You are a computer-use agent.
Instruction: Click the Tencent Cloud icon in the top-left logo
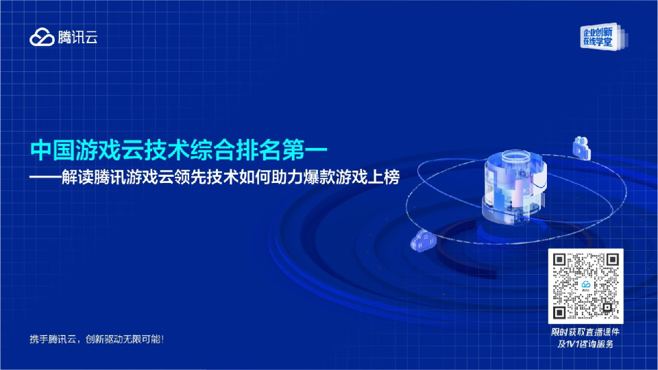tap(42, 38)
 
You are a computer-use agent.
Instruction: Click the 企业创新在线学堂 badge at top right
tap(599, 37)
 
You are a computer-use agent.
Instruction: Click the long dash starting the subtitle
tap(47, 176)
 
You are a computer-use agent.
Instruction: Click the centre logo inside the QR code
tap(586, 286)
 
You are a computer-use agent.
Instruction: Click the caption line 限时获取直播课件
tap(586, 332)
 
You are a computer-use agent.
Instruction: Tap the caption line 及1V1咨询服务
tap(586, 344)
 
